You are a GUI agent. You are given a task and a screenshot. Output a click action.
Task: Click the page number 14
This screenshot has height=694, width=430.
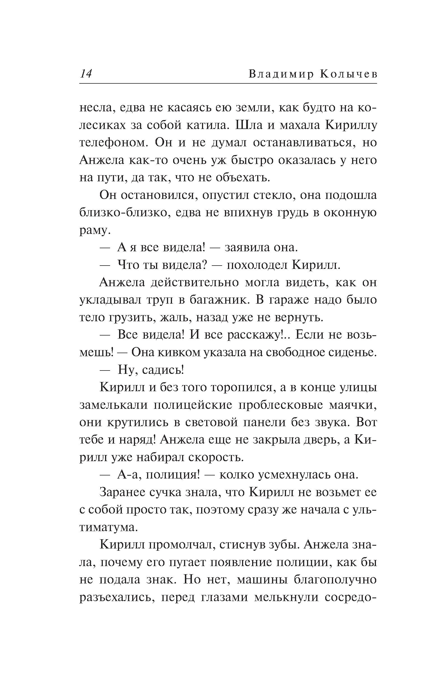(86, 74)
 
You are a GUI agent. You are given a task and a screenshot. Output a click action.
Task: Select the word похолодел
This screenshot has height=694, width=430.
(257, 265)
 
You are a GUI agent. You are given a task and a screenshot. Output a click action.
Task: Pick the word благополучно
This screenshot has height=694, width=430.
(335, 580)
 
